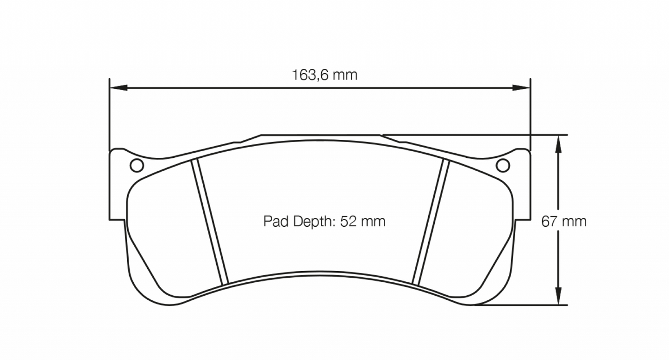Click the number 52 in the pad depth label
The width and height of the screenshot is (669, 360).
[x=348, y=222]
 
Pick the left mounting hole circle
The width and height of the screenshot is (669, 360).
[x=136, y=165]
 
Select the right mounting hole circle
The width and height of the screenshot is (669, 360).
[x=503, y=165]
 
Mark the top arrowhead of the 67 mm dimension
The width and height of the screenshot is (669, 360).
[x=559, y=144]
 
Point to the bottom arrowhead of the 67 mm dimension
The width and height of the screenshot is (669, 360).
[x=559, y=296]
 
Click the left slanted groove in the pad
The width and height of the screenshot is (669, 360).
[x=211, y=221]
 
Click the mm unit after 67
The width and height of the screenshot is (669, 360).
[x=574, y=222]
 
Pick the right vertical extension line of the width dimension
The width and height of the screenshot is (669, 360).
[x=531, y=116]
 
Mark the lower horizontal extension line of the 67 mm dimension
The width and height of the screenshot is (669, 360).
[x=519, y=305]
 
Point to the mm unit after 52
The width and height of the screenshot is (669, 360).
[x=373, y=222]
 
